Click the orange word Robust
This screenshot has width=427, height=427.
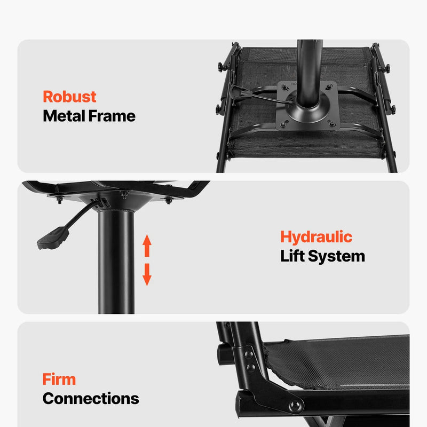pos(69,97)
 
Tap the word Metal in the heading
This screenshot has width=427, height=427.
pos(64,116)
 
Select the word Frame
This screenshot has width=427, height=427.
pos(112,116)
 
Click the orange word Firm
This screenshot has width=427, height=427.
pos(59,379)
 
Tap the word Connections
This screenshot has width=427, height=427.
pos(91,398)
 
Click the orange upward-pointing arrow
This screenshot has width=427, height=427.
pos(147,246)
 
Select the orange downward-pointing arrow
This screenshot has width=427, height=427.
pos(147,274)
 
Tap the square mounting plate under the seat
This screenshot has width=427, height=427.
pos(308,106)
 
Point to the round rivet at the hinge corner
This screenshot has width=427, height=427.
pos(295,406)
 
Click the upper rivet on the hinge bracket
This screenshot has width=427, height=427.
pos(249,354)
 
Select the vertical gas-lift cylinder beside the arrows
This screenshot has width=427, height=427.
pos(116,262)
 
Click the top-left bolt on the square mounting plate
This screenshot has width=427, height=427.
pos(285,88)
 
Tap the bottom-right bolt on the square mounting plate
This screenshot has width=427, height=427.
pos(331,124)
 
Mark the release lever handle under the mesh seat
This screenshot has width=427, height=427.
pos(240,92)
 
